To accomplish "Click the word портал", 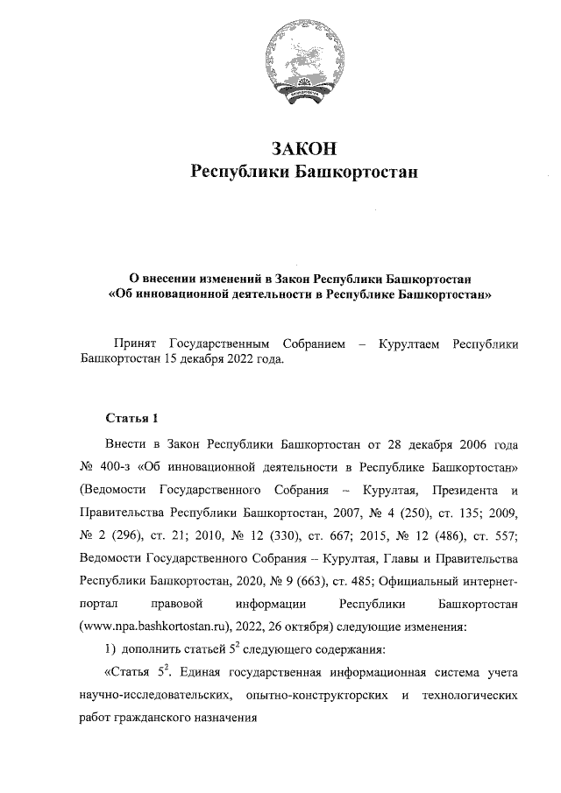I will (x=98, y=605).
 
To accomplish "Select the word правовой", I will (x=178, y=605).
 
